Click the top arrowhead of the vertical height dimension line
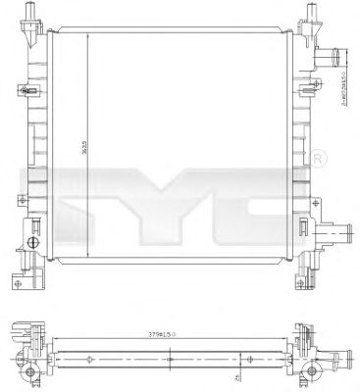point(91,32)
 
